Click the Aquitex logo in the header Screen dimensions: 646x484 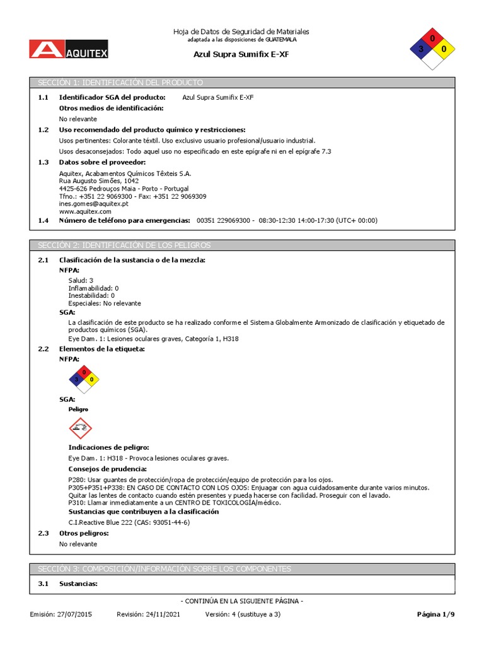(x=68, y=49)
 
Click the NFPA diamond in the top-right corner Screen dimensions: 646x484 (x=432, y=48)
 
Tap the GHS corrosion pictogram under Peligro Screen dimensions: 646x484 (x=80, y=429)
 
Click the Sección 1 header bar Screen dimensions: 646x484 (x=242, y=83)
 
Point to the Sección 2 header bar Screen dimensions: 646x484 (x=242, y=245)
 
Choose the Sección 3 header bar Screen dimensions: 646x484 (x=242, y=568)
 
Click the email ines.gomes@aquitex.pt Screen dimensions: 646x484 (x=93, y=204)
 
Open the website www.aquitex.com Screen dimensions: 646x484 (x=85, y=211)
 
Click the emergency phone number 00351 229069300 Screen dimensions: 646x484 (x=225, y=220)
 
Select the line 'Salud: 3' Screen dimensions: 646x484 (x=81, y=280)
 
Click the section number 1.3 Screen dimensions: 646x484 (x=43, y=162)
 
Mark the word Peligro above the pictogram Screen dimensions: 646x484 (x=78, y=409)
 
